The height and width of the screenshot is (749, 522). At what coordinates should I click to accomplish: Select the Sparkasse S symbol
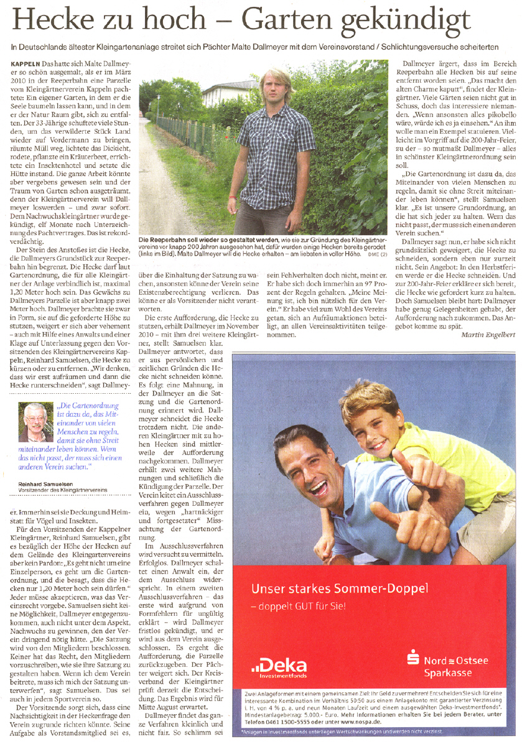(x=413, y=658)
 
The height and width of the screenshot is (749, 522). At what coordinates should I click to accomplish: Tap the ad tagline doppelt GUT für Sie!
(x=298, y=605)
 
